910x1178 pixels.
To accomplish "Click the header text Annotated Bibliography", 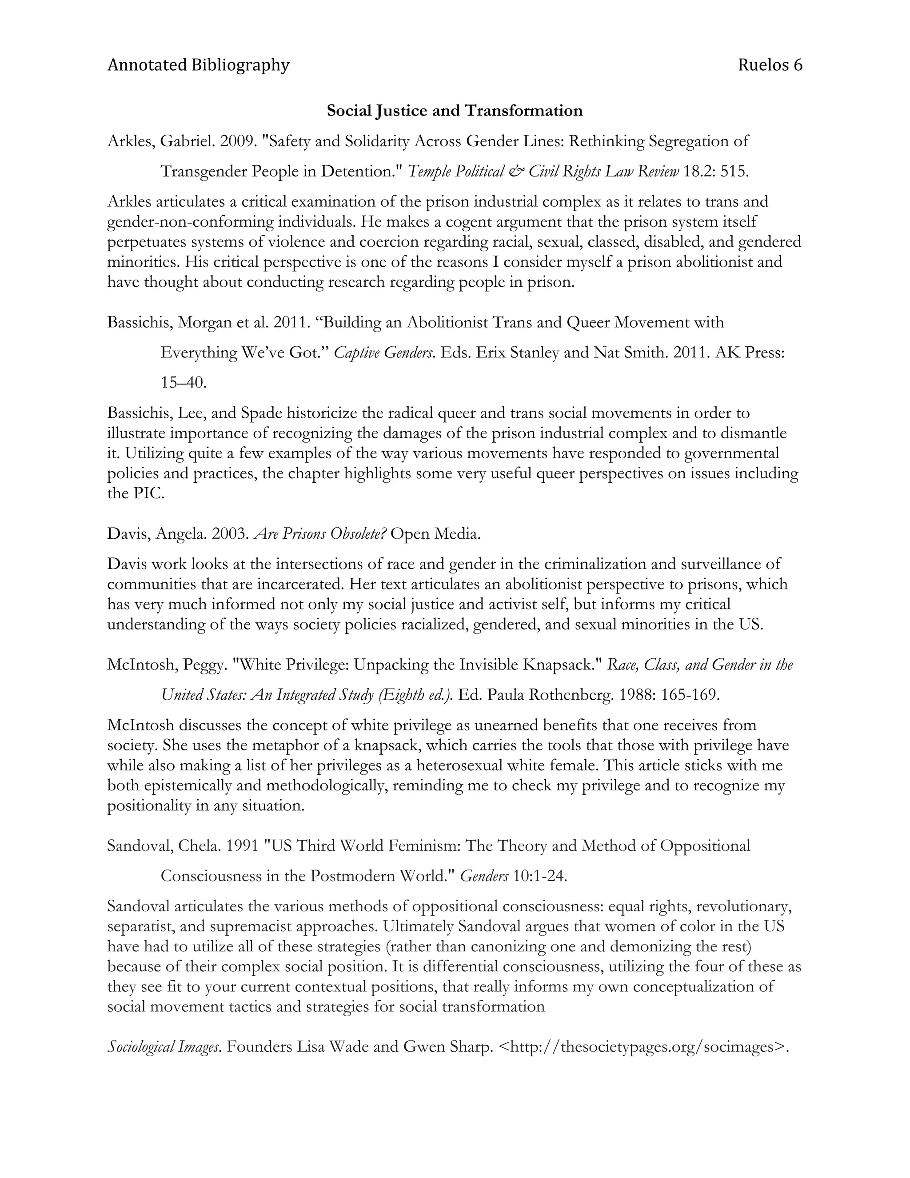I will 198,65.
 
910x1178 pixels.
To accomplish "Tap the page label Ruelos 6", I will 770,65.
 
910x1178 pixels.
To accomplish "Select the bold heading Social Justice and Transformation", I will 455,111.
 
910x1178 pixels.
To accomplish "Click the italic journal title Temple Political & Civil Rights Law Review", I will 543,172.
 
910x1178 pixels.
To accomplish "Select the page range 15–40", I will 184,383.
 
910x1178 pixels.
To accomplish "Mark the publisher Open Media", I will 435,534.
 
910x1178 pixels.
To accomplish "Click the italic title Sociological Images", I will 164,1047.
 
